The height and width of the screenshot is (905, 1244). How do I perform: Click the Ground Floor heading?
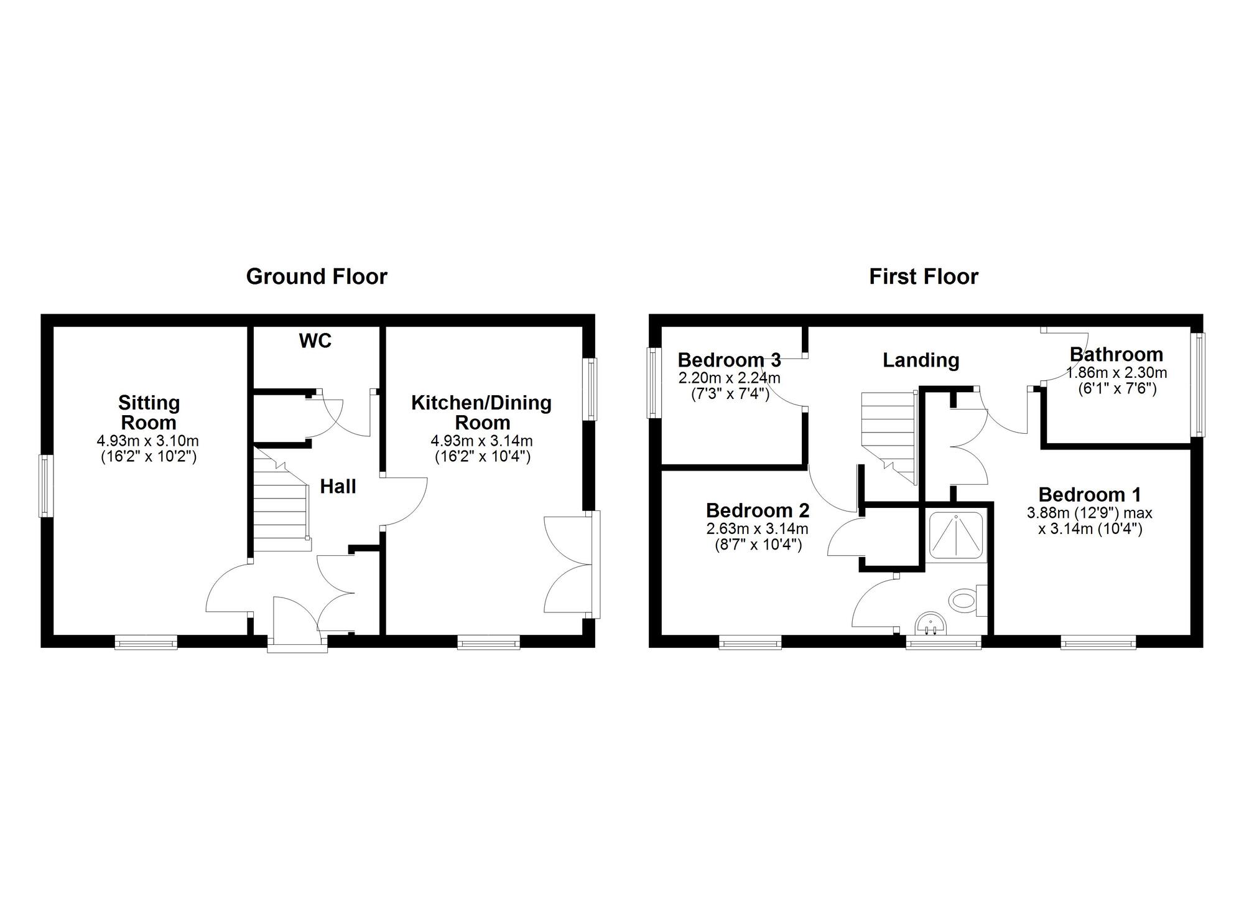pyautogui.click(x=317, y=277)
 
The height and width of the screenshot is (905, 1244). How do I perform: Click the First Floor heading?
pyautogui.click(x=924, y=277)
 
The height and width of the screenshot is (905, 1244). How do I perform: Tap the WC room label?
pyautogui.click(x=315, y=341)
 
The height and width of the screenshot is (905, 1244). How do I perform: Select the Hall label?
pyautogui.click(x=338, y=486)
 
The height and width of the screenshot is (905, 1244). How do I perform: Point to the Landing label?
pyautogui.click(x=921, y=360)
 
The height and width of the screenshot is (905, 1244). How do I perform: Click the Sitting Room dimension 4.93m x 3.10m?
pyautogui.click(x=148, y=441)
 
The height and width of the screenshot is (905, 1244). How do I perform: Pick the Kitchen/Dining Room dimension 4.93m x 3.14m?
pyautogui.click(x=482, y=441)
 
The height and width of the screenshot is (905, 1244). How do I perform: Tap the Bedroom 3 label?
pyautogui.click(x=729, y=360)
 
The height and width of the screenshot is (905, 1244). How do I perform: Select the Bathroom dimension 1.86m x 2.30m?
pyautogui.click(x=1116, y=373)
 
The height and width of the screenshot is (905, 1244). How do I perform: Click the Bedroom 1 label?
pyautogui.click(x=1090, y=495)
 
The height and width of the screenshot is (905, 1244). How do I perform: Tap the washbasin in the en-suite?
pyautogui.click(x=930, y=624)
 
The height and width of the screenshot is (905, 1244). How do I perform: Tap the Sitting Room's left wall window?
pyautogui.click(x=45, y=486)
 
